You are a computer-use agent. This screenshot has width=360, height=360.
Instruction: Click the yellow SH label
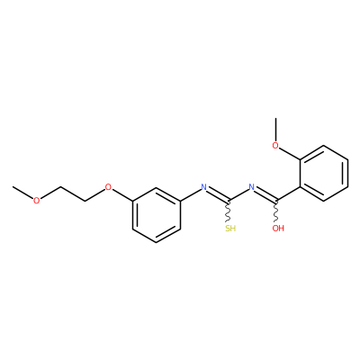[x=230, y=229]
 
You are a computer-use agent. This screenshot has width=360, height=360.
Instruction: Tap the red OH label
[x=278, y=229]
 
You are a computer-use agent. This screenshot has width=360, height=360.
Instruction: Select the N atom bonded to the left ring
[x=204, y=187]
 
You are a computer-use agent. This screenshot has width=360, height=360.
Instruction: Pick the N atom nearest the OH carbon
[x=252, y=187]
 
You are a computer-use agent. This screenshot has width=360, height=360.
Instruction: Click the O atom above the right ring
[x=275, y=146]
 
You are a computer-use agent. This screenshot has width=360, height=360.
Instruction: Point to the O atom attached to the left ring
[x=108, y=188]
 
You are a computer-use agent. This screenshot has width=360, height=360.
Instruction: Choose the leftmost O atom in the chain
[x=36, y=201]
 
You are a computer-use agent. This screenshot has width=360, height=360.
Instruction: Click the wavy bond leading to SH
[x=229, y=211]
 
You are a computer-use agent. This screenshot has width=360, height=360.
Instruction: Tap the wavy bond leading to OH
[x=276, y=211]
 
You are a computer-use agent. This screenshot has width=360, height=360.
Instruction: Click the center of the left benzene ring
[x=157, y=215]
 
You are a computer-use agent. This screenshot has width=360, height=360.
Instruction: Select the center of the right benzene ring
[x=324, y=174]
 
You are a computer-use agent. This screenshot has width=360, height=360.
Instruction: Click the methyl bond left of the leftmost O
[x=22, y=193]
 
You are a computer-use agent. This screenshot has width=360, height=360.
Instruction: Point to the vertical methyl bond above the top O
[x=275, y=130]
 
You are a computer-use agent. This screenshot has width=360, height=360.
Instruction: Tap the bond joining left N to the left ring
[x=191, y=195]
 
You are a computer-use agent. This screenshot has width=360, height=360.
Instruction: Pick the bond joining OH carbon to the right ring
[x=288, y=193]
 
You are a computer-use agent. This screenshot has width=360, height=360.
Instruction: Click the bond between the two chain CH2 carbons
[x=73, y=194]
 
